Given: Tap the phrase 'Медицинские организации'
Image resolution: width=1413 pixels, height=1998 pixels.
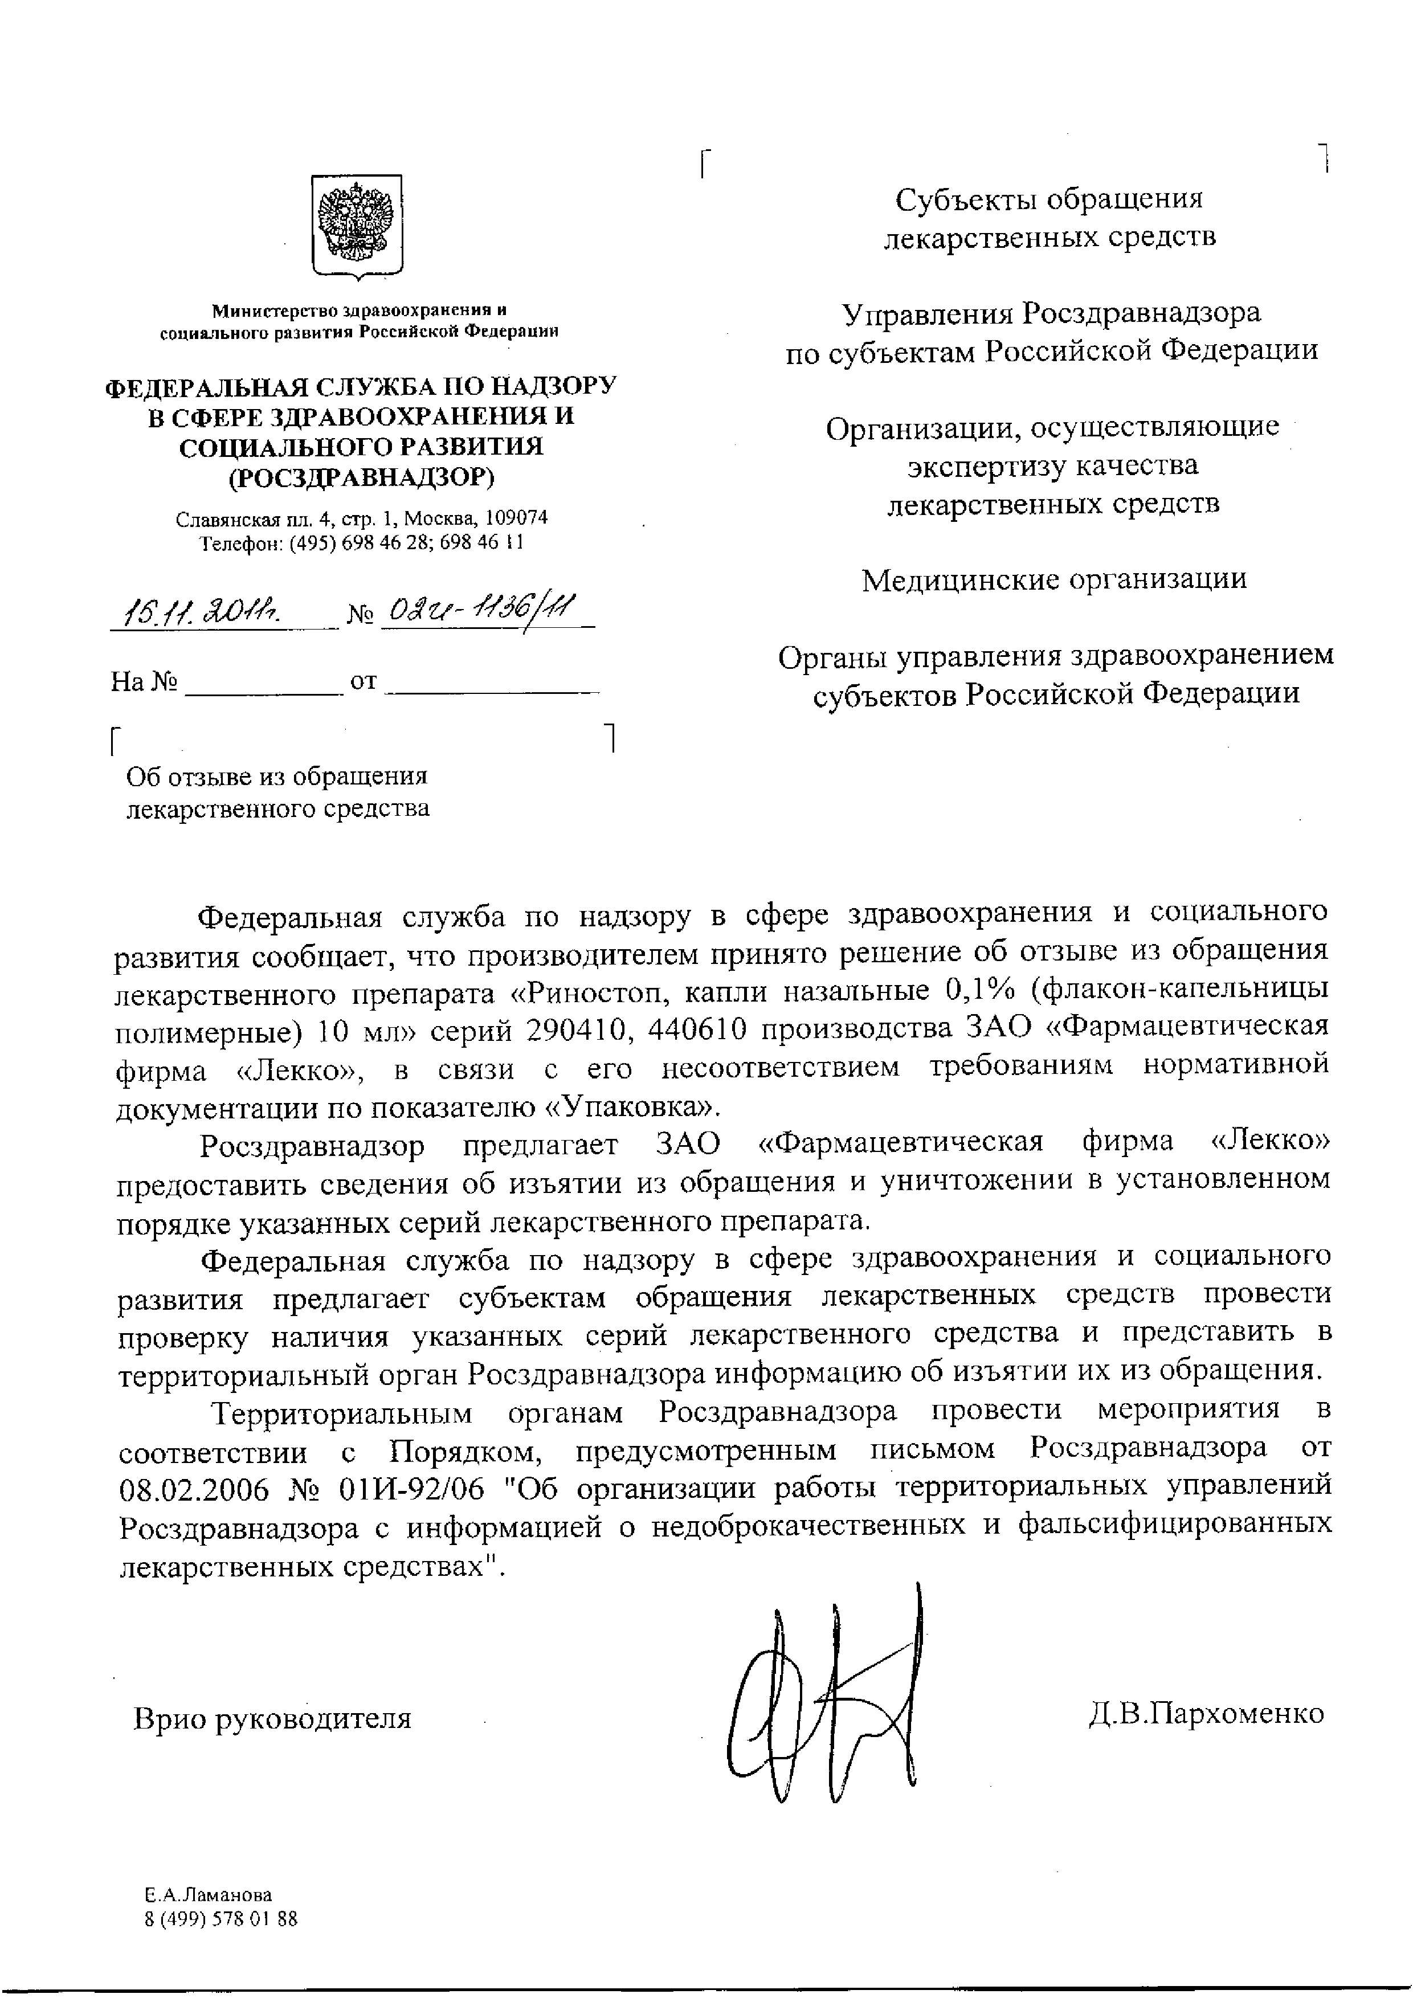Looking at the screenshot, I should (x=1053, y=579).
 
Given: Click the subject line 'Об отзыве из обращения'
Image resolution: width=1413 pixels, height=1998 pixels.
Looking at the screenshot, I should (x=277, y=775).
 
